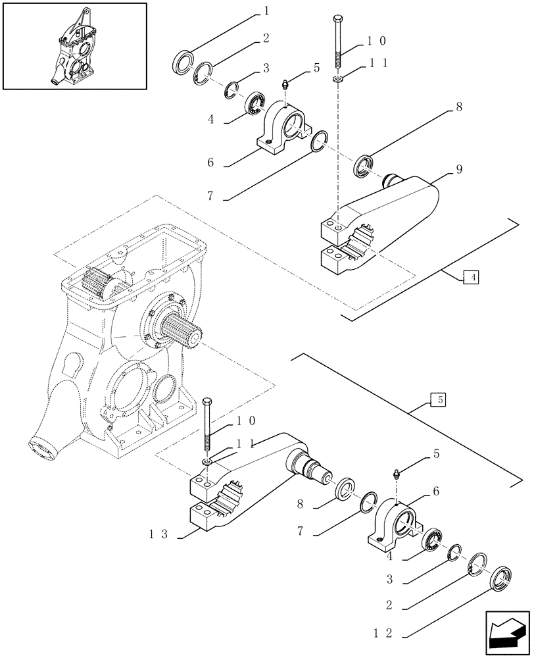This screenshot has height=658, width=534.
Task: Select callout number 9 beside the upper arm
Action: pyautogui.click(x=459, y=170)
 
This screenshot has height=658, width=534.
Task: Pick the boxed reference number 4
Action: pyautogui.click(x=471, y=278)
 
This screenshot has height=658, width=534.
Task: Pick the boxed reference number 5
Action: pyautogui.click(x=437, y=399)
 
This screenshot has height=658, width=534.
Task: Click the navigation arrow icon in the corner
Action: pyautogui.click(x=508, y=631)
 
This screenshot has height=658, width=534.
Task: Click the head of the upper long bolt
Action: pyautogui.click(x=338, y=18)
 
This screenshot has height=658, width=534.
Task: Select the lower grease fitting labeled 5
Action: pyautogui.click(x=397, y=475)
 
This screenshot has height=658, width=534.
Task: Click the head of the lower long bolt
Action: pyautogui.click(x=207, y=402)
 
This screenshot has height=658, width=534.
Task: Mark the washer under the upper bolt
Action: pyautogui.click(x=337, y=80)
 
